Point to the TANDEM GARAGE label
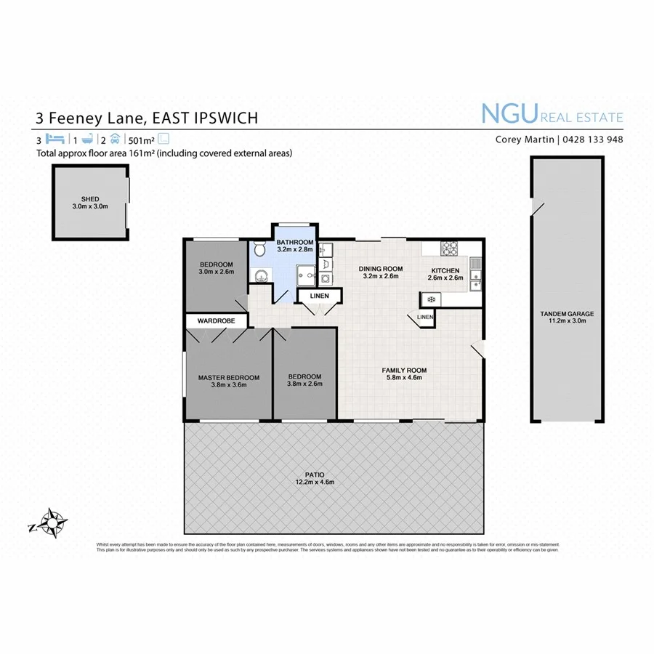567,314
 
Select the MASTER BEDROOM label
229,377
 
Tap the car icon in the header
115,140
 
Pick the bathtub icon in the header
85,140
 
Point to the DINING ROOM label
381,269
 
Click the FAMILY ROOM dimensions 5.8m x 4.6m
404,379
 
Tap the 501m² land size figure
142,140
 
